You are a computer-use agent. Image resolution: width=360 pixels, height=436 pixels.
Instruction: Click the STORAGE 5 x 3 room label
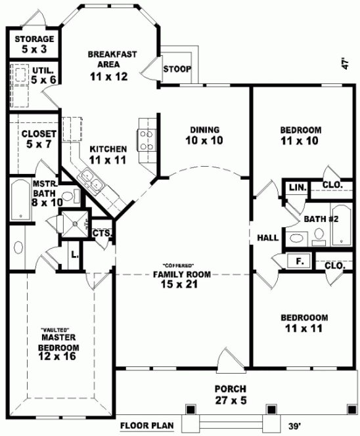tap(30, 44)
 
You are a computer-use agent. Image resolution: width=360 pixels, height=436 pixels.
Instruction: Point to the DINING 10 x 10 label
tap(204, 135)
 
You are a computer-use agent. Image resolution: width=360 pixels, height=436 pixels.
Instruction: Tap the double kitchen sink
tap(90, 183)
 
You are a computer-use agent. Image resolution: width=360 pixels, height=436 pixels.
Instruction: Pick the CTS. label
tap(101, 233)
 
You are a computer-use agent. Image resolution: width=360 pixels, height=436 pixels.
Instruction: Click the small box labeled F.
tap(300, 261)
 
